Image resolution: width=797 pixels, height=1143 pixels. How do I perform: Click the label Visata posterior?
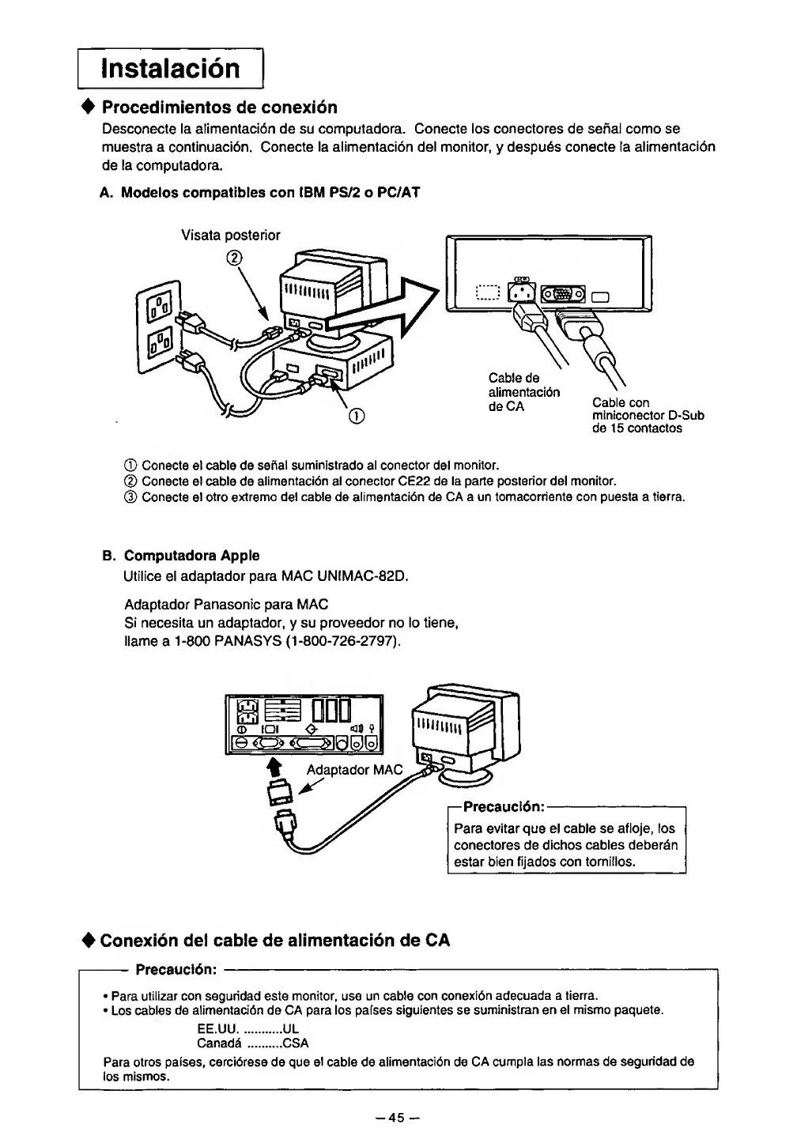(231, 235)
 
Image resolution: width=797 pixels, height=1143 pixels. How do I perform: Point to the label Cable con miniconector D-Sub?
(648, 415)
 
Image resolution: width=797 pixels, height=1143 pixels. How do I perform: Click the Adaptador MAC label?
(354, 769)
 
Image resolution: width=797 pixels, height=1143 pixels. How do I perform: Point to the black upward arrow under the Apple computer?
(276, 765)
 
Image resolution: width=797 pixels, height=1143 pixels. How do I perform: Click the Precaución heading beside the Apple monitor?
(504, 806)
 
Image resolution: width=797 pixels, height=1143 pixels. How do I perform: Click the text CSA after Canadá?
(296, 1043)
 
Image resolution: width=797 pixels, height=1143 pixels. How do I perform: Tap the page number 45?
(397, 1117)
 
